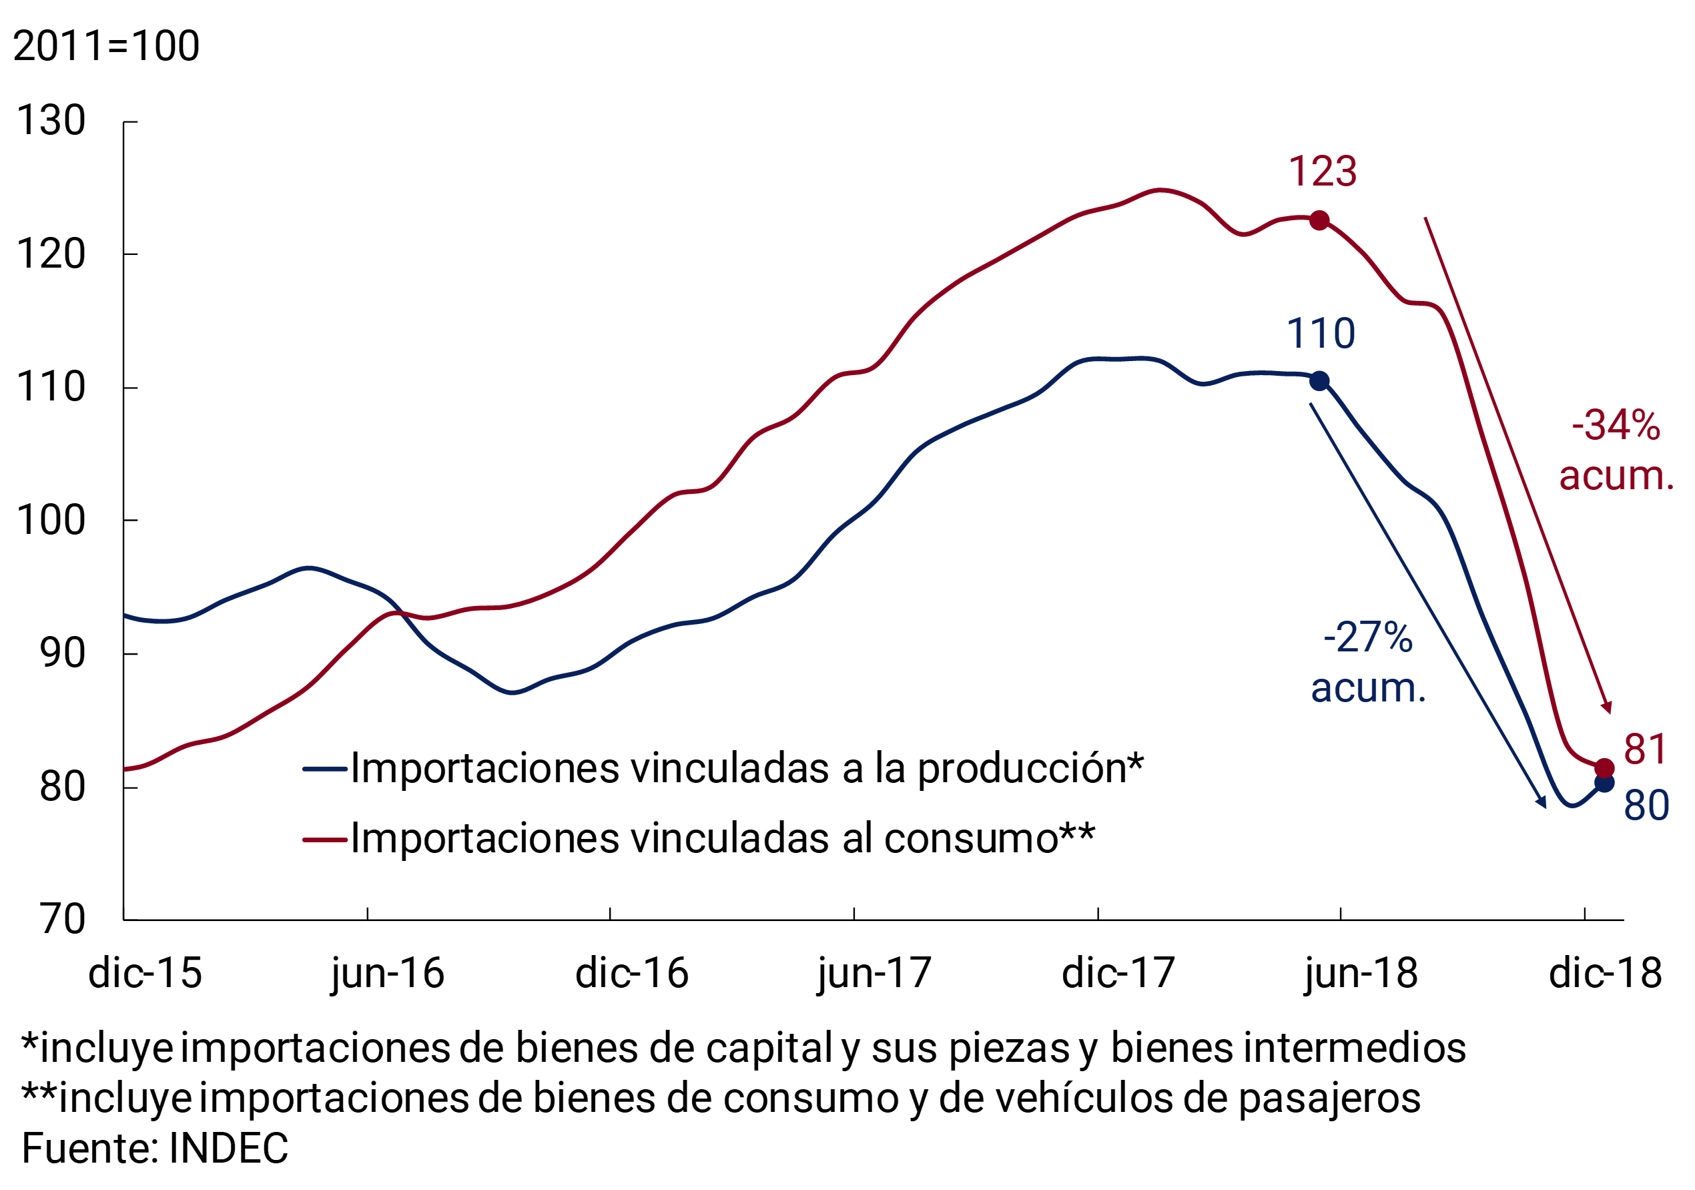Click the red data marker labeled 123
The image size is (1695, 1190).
click(x=1319, y=220)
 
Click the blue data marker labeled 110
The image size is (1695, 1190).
click(x=1319, y=381)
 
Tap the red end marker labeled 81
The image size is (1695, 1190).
click(x=1604, y=768)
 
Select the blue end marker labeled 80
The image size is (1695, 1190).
click(x=1604, y=782)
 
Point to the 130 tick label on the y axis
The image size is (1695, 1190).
click(x=51, y=120)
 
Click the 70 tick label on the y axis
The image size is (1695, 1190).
click(x=63, y=920)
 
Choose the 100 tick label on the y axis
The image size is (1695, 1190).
click(x=51, y=521)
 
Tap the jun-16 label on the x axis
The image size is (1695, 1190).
click(x=388, y=974)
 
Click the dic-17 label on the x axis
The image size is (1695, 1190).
click(x=1118, y=974)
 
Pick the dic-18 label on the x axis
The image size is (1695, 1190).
click(x=1606, y=974)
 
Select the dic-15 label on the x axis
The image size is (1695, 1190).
click(x=145, y=974)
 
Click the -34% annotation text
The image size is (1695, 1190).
click(x=1616, y=426)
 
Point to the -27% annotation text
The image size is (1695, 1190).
click(x=1368, y=638)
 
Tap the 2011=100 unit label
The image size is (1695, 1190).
click(x=106, y=46)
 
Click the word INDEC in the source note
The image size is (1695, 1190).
click(x=228, y=1149)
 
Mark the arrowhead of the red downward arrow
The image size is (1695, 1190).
click(x=1608, y=709)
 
